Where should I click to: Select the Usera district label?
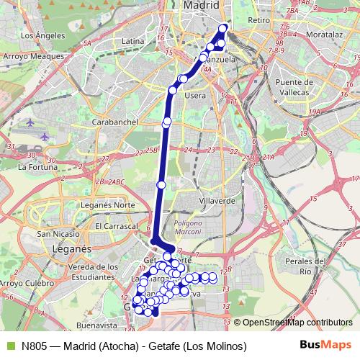click(195, 94)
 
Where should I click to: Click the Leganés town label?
click(69, 248)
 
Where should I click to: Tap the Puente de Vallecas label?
click(286, 87)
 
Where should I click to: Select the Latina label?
click(133, 41)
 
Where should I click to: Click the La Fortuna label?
click(32, 166)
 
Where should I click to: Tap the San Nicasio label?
click(58, 234)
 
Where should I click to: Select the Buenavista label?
click(96, 325)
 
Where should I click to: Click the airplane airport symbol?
click(45, 135)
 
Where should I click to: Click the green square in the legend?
click(9, 346)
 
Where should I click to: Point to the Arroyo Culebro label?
click(27, 283)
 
